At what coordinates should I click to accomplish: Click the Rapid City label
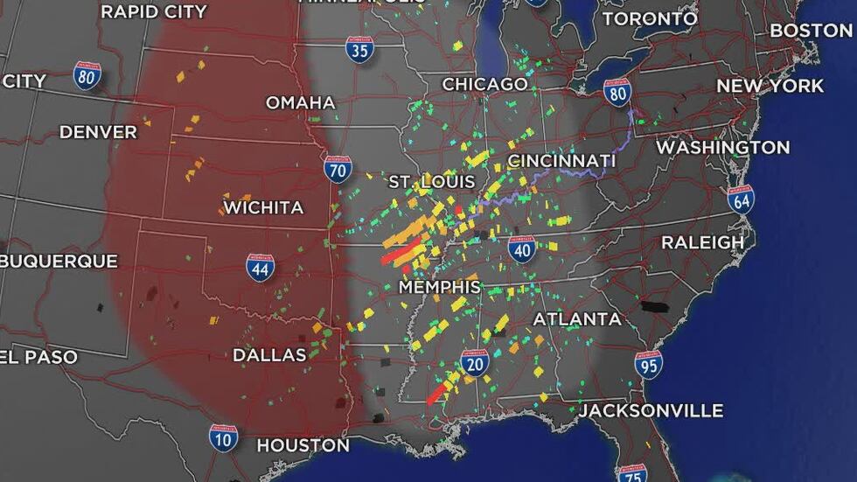(x=154, y=11)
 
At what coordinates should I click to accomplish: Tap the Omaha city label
(x=300, y=102)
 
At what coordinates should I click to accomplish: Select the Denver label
(x=98, y=132)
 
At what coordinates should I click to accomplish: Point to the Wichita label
(x=263, y=208)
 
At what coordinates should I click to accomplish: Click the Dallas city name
(x=269, y=355)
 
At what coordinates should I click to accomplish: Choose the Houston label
(x=303, y=445)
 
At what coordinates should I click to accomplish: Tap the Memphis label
(x=439, y=287)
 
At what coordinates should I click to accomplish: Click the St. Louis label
(x=432, y=182)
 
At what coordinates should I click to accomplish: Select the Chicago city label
(x=484, y=84)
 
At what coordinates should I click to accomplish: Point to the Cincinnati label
(x=561, y=161)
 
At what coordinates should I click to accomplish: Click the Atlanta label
(x=577, y=319)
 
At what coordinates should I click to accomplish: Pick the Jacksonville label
(x=651, y=410)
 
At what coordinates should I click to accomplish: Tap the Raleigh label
(x=702, y=242)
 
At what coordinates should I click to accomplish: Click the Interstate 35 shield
(x=359, y=49)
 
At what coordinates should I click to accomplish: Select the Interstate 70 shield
(x=338, y=169)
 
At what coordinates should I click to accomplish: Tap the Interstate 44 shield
(x=260, y=267)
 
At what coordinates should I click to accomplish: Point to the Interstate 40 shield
(x=521, y=248)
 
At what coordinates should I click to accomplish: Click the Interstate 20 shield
(x=475, y=362)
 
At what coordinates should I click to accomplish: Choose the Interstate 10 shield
(x=223, y=437)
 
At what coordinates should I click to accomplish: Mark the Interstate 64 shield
(x=740, y=199)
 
